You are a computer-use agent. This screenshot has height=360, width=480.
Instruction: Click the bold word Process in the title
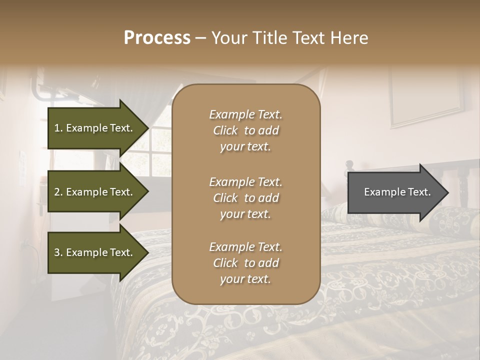pyautogui.click(x=157, y=38)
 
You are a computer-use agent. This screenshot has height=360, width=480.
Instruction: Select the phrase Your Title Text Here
pyautogui.click(x=289, y=38)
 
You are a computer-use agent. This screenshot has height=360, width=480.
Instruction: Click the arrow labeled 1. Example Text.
pyautogui.click(x=95, y=128)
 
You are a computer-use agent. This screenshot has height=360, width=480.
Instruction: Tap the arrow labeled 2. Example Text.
pyautogui.click(x=95, y=192)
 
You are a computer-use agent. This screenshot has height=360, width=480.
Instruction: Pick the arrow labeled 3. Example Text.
pyautogui.click(x=95, y=252)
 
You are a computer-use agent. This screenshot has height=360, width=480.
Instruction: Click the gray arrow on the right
pyautogui.click(x=395, y=192)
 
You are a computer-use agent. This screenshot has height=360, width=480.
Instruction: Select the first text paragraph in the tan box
pyautogui.click(x=245, y=130)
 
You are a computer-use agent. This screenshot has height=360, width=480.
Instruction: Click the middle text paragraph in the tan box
pyautogui.click(x=245, y=197)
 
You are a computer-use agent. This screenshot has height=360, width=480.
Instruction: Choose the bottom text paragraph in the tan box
pyautogui.click(x=245, y=263)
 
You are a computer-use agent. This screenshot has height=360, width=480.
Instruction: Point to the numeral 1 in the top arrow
pyautogui.click(x=56, y=128)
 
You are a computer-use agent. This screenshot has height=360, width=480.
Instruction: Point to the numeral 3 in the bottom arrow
pyautogui.click(x=57, y=252)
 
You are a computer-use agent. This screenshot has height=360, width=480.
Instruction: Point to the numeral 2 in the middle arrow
pyautogui.click(x=57, y=192)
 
